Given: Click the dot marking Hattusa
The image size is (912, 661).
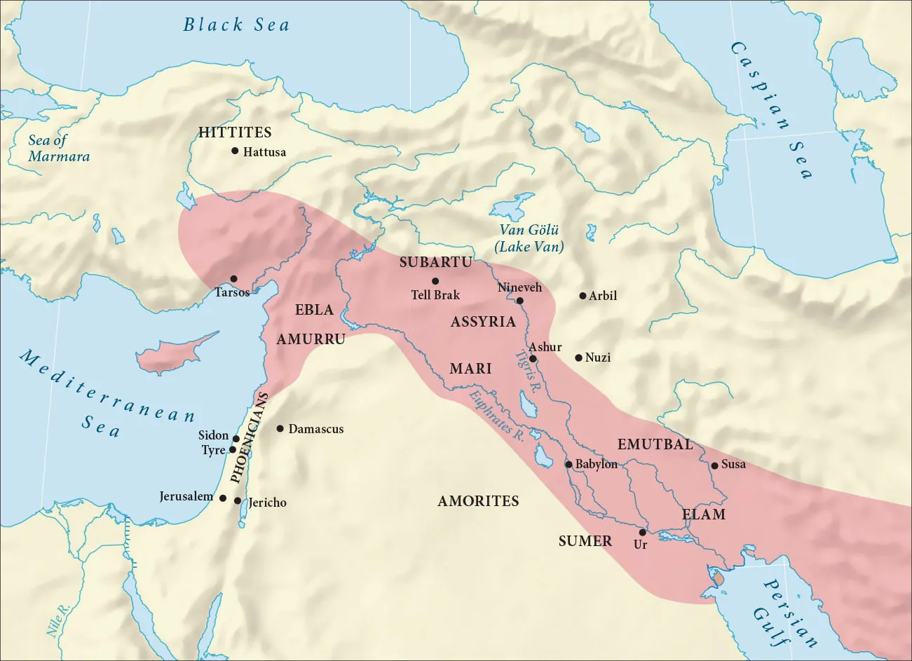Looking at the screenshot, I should click(x=235, y=151).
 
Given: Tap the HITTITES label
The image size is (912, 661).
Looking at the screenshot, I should click(x=235, y=132).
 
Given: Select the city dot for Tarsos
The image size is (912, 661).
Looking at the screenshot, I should click(x=233, y=279).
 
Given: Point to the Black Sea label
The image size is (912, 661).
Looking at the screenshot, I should click(x=236, y=25).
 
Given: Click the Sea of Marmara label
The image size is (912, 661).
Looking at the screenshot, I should click(x=59, y=148).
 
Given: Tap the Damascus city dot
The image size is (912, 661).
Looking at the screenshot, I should click(x=280, y=428).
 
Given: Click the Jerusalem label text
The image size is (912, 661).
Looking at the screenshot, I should click(x=186, y=496).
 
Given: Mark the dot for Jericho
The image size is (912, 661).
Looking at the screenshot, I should click(x=238, y=501).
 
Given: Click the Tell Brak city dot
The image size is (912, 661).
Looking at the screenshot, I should click(x=435, y=281).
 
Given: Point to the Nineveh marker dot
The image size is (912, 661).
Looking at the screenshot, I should click(x=519, y=301).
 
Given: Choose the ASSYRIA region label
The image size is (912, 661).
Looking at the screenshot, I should click(x=483, y=322).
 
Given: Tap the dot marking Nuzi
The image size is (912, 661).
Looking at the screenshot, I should click(x=578, y=357).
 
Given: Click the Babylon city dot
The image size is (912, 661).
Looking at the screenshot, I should click(x=569, y=464).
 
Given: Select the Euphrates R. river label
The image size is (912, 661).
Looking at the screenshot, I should click(x=497, y=414).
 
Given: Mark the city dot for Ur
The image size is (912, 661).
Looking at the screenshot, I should click(x=642, y=533).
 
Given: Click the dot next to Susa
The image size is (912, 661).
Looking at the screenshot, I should click(x=714, y=465).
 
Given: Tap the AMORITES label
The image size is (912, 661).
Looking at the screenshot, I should click(x=478, y=500).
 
